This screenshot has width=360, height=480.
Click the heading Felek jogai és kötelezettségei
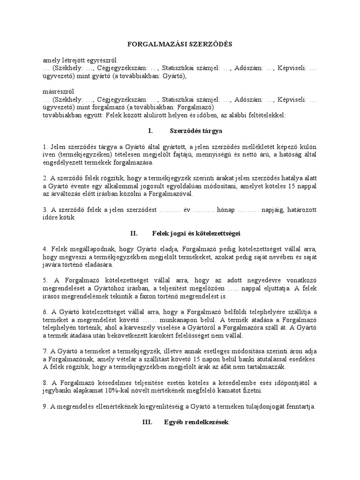[196, 232]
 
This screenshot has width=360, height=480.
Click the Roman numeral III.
[148, 422]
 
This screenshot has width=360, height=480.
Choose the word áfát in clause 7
[254, 367]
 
